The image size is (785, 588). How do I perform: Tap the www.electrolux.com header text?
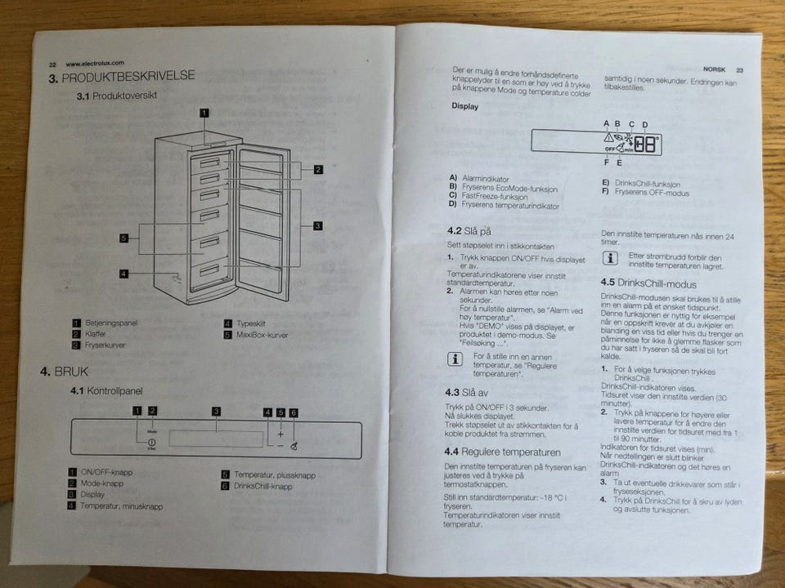point(94,64)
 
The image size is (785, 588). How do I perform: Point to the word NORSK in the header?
point(714,70)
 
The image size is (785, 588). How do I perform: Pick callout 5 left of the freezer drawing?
point(123,238)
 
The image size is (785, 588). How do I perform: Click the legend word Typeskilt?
point(252,324)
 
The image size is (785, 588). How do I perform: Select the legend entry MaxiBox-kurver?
point(262,335)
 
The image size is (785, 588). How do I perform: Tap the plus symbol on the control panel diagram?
point(280,434)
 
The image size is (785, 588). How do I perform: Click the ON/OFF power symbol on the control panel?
point(152,441)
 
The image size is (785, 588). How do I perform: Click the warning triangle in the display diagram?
point(608,138)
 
